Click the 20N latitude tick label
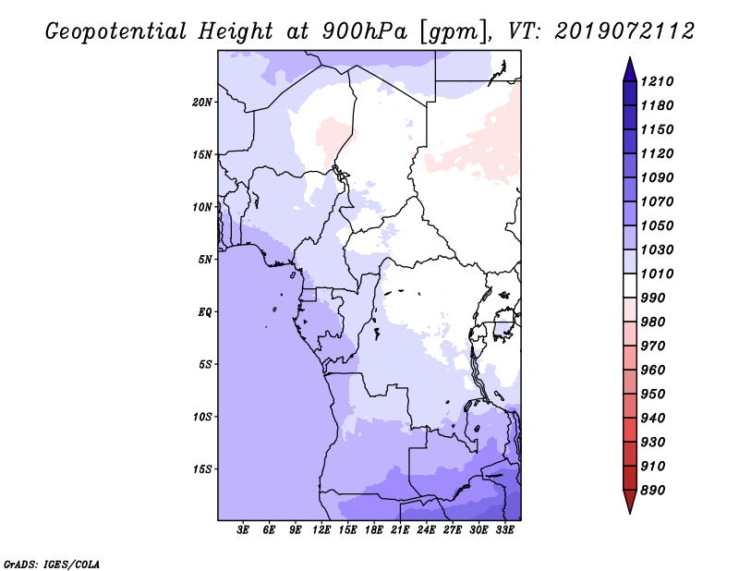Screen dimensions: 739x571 [202, 103]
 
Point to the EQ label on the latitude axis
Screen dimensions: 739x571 [205, 312]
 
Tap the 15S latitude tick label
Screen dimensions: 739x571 [202, 469]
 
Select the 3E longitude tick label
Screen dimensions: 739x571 [243, 530]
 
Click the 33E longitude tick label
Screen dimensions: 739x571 [504, 530]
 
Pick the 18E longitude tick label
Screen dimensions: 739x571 [374, 530]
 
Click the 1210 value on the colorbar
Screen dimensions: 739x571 [657, 81]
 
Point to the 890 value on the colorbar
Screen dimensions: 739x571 [653, 491]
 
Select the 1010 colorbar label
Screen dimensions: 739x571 [657, 273]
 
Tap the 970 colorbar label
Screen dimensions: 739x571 [653, 346]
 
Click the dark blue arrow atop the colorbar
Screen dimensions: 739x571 [630, 69]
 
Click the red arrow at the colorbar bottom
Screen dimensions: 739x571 [630, 502]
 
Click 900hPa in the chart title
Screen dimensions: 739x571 [364, 31]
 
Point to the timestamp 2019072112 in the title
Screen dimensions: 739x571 [624, 31]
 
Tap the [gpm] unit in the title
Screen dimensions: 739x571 [454, 32]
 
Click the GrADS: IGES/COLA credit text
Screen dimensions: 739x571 [52, 565]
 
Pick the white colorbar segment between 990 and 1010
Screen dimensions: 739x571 [630, 285]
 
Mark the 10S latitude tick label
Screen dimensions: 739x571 [202, 417]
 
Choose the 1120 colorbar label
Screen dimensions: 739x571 [657, 153]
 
